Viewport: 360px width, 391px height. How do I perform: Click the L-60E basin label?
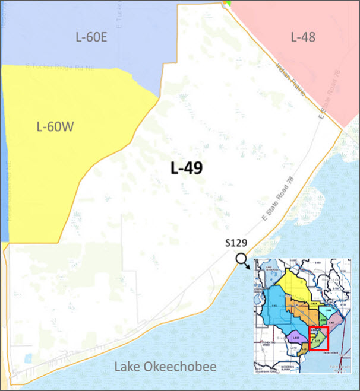pyautogui.click(x=91, y=38)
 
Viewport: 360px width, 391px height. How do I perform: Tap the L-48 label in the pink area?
pyautogui.click(x=302, y=37)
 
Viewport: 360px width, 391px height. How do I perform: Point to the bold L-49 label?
pyautogui.click(x=187, y=168)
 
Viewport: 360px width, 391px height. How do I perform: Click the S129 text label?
pyautogui.click(x=236, y=243)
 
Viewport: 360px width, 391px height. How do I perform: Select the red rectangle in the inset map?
pyautogui.click(x=320, y=339)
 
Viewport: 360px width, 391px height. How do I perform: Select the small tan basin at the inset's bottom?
pyautogui.click(x=304, y=349)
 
